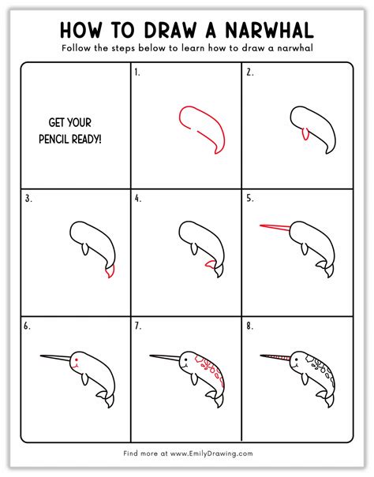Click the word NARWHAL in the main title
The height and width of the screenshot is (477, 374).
point(270,31)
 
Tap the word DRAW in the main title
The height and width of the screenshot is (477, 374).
point(170,31)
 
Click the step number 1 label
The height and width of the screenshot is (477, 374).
point(137,73)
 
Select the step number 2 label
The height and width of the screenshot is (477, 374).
point(250,73)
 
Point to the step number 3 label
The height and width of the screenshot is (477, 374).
point(28,199)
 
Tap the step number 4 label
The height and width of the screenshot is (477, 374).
point(138,199)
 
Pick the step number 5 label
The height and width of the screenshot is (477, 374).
point(250,199)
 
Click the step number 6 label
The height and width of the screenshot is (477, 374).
point(27,326)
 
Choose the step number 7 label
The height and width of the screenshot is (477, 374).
point(138,326)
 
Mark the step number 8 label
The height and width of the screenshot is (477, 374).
point(250,326)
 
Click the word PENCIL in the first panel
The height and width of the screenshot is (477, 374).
point(54,140)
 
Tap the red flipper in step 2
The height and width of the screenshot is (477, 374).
point(305,134)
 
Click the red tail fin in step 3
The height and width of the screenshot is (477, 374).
point(110,271)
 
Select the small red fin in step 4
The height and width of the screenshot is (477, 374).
point(210,264)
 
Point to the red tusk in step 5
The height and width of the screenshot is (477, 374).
point(275,227)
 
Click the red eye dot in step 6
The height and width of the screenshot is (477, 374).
point(77,360)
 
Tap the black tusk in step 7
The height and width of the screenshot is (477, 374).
point(165,357)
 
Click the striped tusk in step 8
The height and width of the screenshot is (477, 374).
point(275,357)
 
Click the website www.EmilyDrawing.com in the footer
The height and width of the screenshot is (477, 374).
point(211,453)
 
